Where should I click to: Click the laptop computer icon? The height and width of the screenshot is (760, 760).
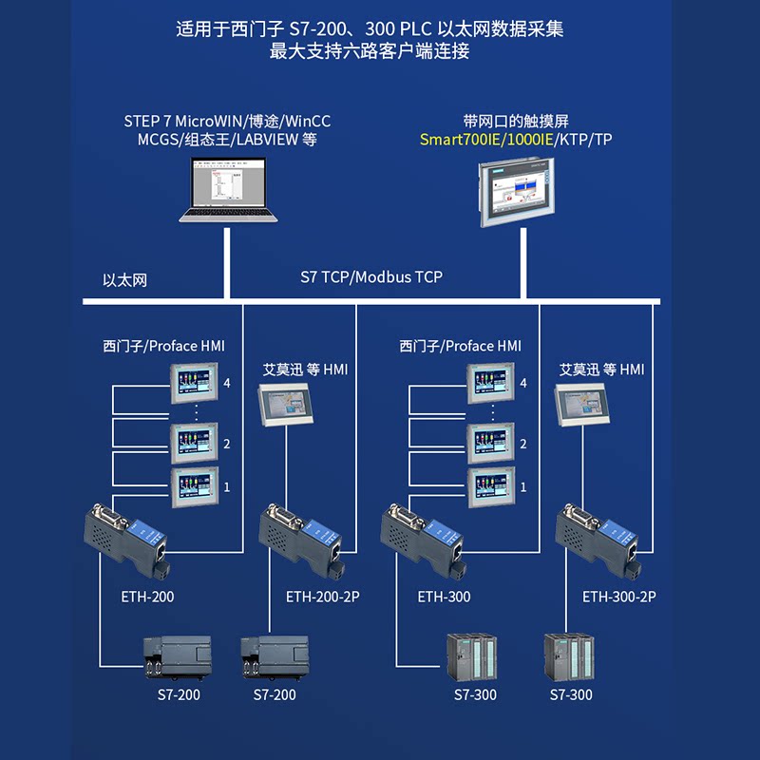tap(228, 189)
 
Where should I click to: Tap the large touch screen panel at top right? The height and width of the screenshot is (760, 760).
tap(517, 192)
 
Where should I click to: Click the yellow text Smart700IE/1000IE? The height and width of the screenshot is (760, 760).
tap(486, 140)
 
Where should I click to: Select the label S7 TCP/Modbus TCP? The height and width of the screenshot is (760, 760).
tap(371, 276)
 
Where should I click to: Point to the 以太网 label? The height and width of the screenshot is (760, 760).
tap(124, 280)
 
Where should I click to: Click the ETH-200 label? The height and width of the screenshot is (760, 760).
tap(147, 597)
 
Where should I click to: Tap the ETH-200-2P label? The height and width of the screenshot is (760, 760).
tap(323, 597)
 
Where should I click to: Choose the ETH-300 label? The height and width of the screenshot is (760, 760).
tap(444, 597)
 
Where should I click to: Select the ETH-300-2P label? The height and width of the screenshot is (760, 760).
tap(619, 597)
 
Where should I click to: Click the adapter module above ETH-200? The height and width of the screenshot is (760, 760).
tap(127, 540)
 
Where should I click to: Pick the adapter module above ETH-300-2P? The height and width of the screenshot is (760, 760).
tap(598, 540)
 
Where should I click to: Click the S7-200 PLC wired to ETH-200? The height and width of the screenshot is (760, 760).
tap(178, 656)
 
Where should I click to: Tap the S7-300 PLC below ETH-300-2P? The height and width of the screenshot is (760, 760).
tap(569, 656)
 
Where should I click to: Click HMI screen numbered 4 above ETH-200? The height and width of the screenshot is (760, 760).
tap(194, 383)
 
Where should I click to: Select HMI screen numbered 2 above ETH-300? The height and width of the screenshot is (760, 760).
tap(490, 443)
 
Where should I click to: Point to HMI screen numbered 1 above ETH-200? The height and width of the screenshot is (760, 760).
tap(195, 486)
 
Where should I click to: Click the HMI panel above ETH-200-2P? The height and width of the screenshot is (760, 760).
tap(286, 405)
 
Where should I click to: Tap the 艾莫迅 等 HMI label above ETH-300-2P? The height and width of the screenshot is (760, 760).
tap(602, 370)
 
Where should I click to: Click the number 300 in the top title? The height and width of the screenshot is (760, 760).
tap(380, 29)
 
